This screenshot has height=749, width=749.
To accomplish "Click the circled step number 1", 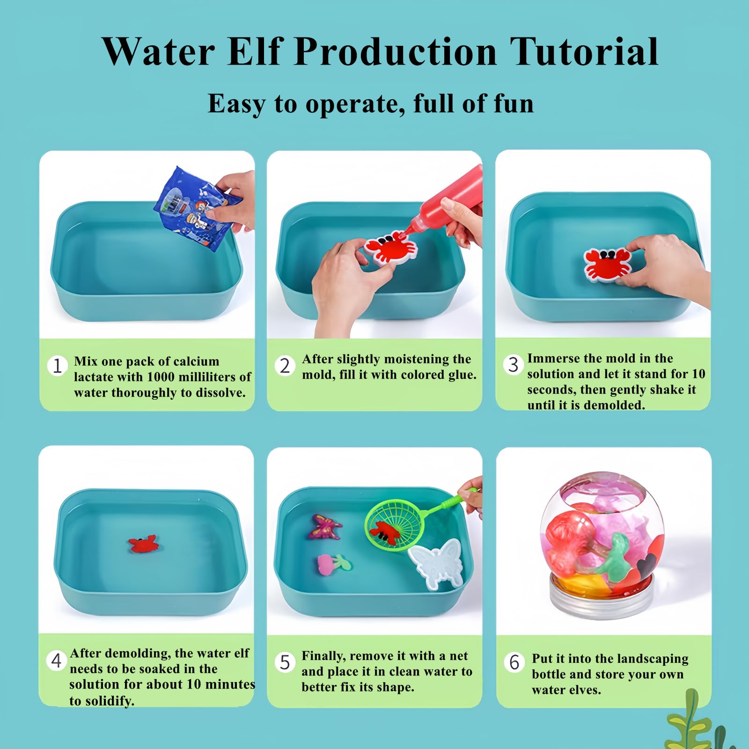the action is point(57,366).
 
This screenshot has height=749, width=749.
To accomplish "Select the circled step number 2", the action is point(285,366).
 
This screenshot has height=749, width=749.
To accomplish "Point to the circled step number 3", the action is point(514,364).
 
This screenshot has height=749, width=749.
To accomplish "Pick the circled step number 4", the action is point(56,661).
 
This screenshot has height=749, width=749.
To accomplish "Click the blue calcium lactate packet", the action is point(197,208).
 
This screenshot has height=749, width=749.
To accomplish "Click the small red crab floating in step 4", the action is point(143,544).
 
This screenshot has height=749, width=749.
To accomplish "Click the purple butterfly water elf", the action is point(324,527).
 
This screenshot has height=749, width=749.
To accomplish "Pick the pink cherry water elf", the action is point(333,564).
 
